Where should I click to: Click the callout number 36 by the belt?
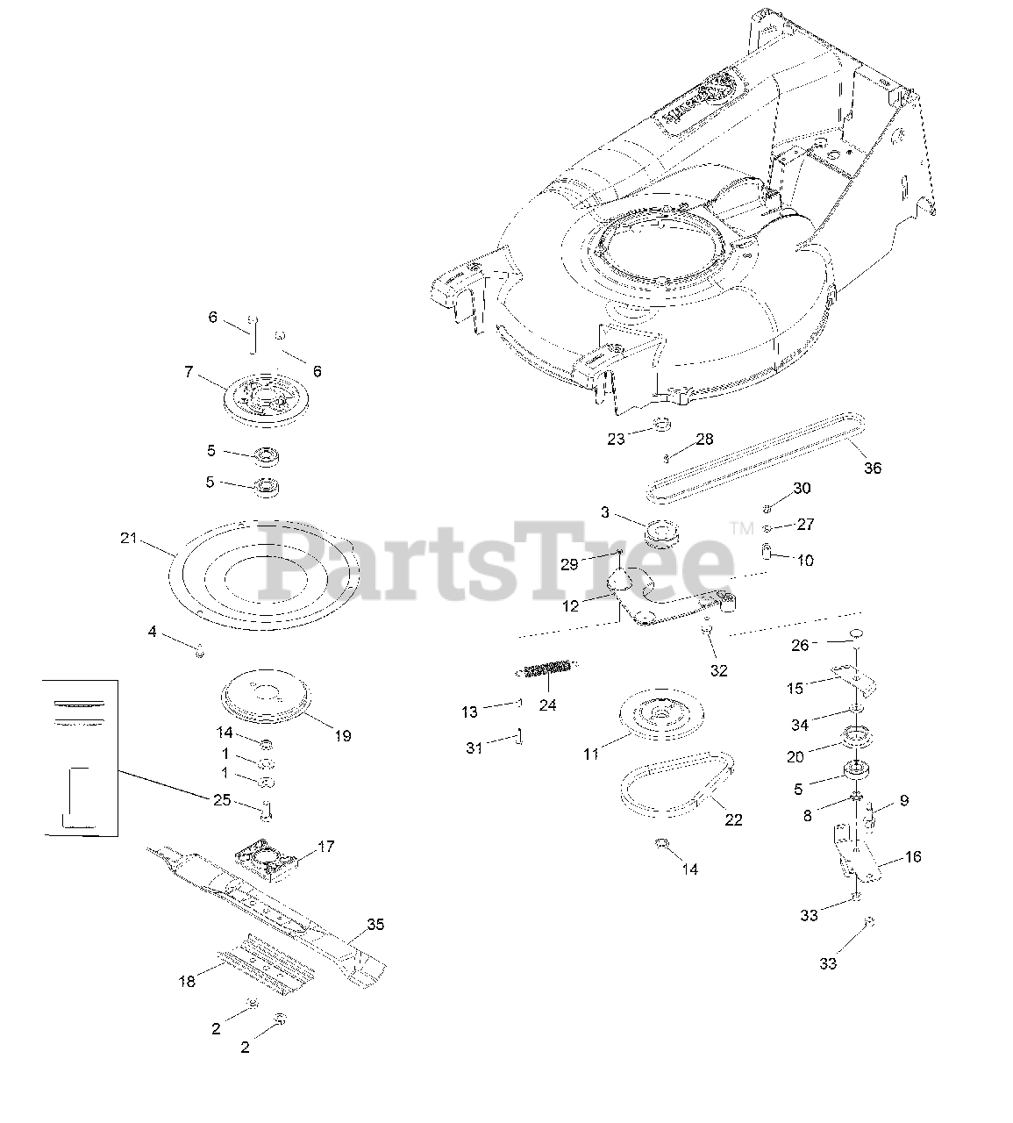(873, 468)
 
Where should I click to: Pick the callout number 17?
(325, 847)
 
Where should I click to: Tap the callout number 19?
(343, 735)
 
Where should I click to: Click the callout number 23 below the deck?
(616, 438)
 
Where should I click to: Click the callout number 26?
(800, 645)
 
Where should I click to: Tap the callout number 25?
(222, 799)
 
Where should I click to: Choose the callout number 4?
(152, 631)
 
